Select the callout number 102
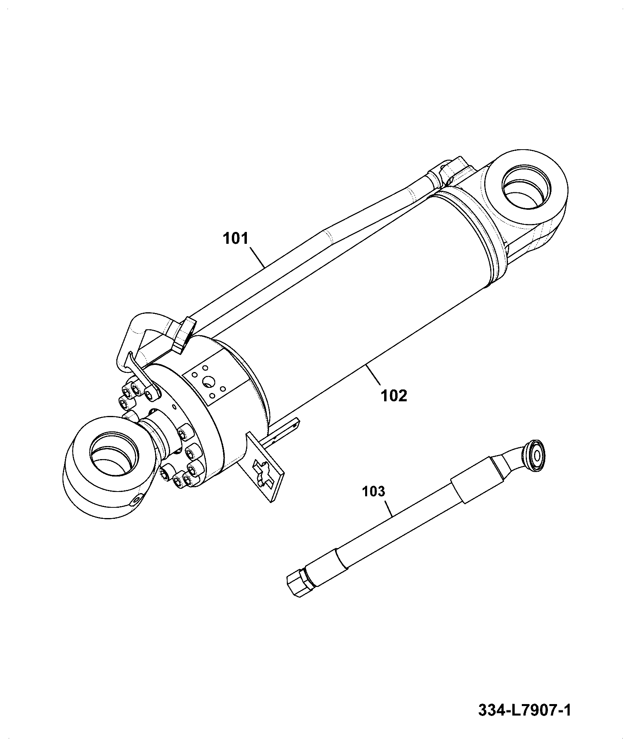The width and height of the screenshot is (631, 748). pos(394,395)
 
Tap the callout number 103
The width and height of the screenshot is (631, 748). pos(373,491)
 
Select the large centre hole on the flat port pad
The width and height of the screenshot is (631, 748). pos(208,382)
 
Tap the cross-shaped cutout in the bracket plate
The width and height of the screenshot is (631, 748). pos(264,473)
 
